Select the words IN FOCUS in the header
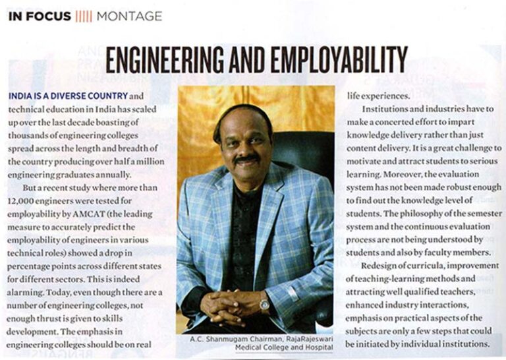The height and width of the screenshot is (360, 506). point(40,16)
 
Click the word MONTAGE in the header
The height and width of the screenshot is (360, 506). point(129,16)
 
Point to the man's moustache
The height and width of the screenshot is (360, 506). point(246,159)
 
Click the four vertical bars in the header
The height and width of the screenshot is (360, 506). point(83,16)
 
